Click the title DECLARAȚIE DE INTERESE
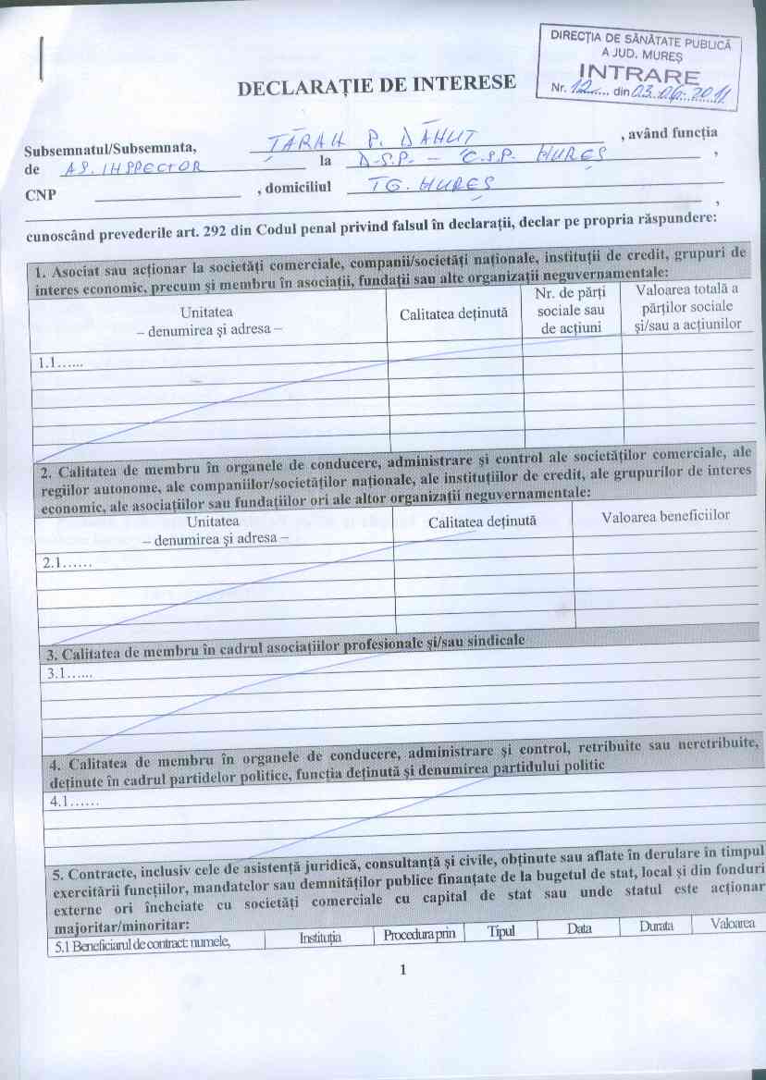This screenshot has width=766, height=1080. click(x=377, y=85)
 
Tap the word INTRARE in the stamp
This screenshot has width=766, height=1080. click(x=638, y=73)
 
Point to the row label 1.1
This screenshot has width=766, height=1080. click(x=58, y=363)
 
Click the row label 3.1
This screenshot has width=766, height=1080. click(x=63, y=674)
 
